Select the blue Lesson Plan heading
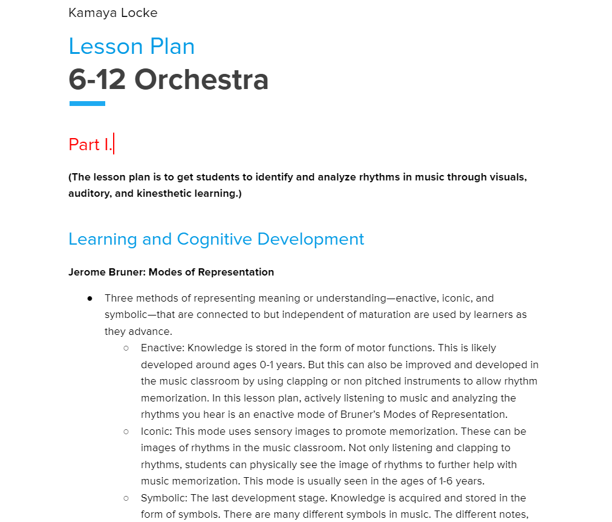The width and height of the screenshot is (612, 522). tap(131, 47)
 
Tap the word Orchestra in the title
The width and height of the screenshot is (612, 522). tap(201, 79)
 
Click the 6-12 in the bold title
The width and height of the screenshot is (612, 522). tap(97, 79)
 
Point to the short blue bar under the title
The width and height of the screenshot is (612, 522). tap(87, 104)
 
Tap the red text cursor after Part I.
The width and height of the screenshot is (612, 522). tap(114, 145)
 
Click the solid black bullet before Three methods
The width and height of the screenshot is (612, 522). tap(90, 298)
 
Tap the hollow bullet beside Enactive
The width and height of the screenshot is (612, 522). tap(126, 348)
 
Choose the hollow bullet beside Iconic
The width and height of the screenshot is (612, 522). tap(126, 432)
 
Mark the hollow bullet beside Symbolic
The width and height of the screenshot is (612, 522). tap(126, 498)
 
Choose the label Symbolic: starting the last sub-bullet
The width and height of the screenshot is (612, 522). tap(163, 498)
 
